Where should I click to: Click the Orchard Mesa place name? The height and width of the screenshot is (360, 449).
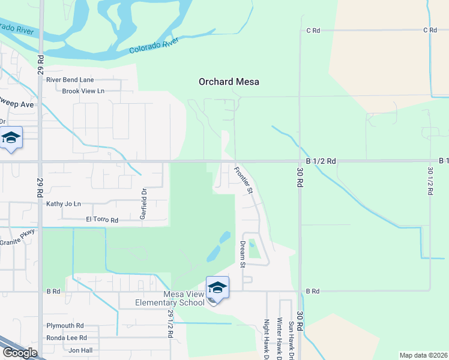[229, 82]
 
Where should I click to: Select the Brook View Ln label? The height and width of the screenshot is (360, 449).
[83, 91]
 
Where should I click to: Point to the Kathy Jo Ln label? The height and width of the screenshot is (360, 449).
[64, 204]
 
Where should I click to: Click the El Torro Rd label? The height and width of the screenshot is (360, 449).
[102, 220]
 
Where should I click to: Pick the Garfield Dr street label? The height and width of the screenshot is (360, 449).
[144, 204]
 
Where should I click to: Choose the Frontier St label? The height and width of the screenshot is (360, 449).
[243, 180]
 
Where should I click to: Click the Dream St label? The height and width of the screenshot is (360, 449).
[243, 254]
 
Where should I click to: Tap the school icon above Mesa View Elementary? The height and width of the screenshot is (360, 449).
[217, 288]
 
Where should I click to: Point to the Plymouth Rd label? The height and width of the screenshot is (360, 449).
[65, 325]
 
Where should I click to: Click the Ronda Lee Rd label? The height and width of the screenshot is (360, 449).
[67, 338]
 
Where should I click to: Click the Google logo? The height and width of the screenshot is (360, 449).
[20, 353]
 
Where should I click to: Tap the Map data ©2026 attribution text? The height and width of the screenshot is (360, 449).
[423, 355]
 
